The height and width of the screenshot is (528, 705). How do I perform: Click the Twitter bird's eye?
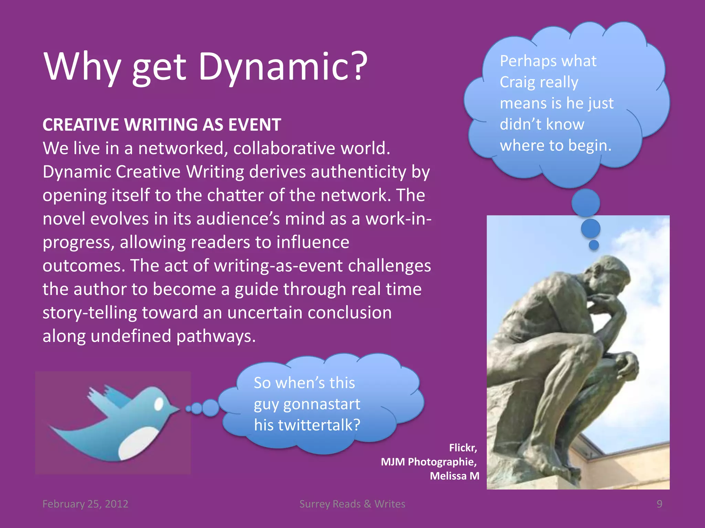[x=159, y=404]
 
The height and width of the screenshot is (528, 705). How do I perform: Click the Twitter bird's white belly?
[x=136, y=443]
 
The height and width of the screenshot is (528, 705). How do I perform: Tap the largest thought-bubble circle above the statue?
[x=586, y=203]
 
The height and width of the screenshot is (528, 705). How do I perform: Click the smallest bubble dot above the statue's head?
[x=594, y=245]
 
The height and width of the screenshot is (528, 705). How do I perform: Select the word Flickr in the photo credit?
[x=462, y=448]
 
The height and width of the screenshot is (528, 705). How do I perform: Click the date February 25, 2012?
[x=85, y=504]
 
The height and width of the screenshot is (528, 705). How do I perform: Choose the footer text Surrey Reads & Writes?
[x=352, y=504]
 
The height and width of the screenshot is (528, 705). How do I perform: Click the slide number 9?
[x=659, y=504]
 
